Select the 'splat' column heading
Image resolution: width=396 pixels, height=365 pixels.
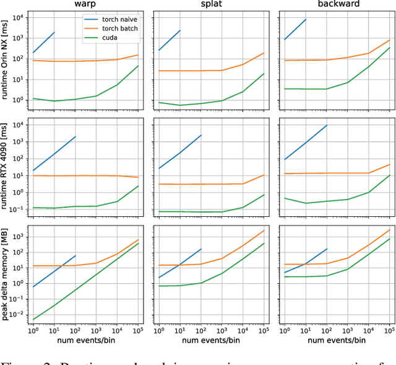(210, 5)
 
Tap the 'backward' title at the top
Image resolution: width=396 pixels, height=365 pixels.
(335, 5)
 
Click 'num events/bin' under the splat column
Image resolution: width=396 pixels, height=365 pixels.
(210, 340)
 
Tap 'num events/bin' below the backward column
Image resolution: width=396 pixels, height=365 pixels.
(335, 340)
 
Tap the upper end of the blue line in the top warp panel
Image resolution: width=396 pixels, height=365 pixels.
(54, 32)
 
